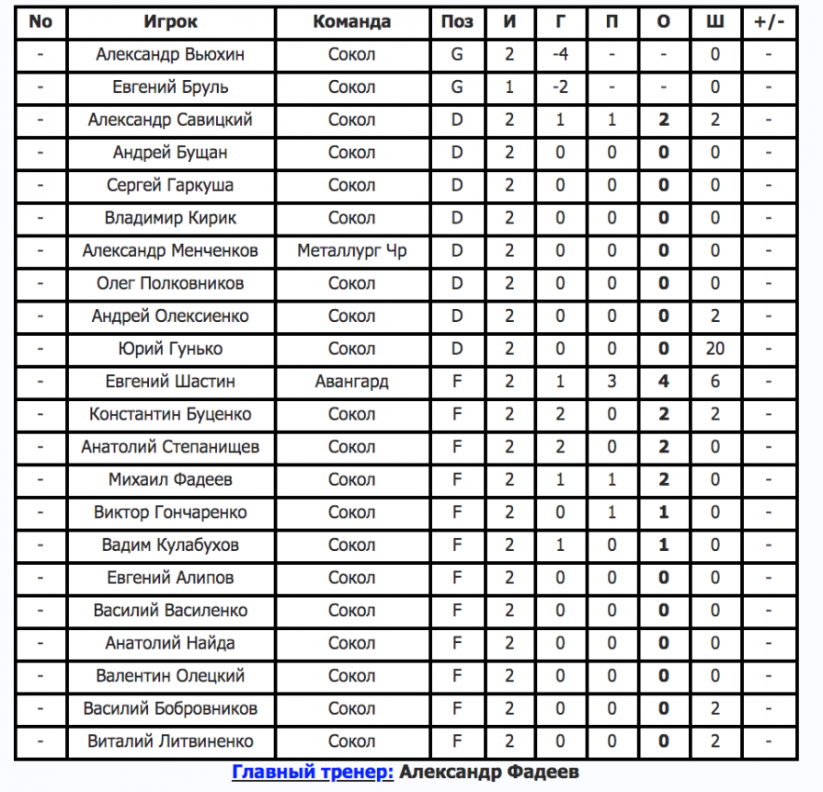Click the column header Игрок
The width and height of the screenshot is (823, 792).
(170, 22)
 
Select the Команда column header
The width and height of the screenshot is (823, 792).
(351, 22)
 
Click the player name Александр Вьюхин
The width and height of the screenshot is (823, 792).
(170, 54)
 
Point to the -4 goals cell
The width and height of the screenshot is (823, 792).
(561, 54)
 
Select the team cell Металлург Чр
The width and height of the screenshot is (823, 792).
(351, 250)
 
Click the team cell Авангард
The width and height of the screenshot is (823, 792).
(351, 381)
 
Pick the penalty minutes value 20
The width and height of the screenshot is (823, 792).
(715, 349)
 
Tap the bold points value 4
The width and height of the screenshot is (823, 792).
(664, 381)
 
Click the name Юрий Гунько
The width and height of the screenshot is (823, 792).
(170, 349)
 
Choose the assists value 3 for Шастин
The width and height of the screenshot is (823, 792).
(612, 381)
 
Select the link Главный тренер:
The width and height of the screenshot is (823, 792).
(313, 773)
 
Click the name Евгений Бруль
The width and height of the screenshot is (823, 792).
(170, 87)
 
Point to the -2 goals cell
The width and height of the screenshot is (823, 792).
(561, 87)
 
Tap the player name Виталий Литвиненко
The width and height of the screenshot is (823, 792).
(170, 741)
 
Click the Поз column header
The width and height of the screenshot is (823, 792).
(457, 22)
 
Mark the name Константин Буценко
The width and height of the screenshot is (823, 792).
(170, 414)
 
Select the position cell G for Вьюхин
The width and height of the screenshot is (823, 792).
(457, 54)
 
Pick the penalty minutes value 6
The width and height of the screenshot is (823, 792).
(715, 381)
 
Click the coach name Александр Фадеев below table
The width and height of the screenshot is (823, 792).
(489, 773)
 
